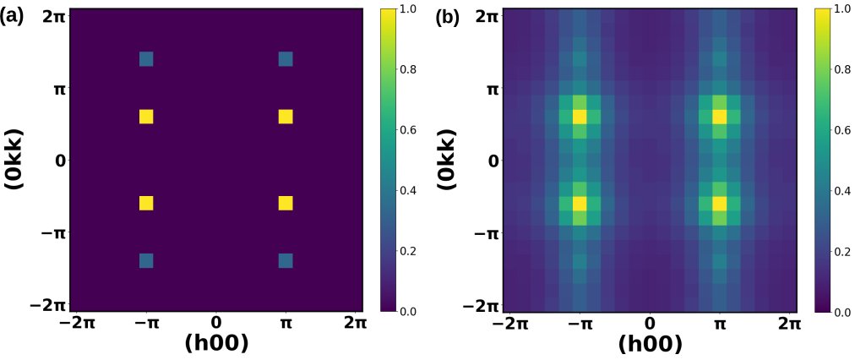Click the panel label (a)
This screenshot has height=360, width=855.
(x=14, y=16)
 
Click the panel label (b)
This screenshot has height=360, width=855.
(x=447, y=17)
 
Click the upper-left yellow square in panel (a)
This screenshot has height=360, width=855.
(x=146, y=117)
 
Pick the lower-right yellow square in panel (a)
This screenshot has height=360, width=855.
(x=286, y=203)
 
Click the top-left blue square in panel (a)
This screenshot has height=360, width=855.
(x=146, y=59)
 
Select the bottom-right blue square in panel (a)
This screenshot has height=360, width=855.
(x=286, y=260)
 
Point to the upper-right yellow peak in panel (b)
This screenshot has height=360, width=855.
(x=720, y=117)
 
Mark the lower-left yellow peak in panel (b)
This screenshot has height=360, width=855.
(x=580, y=203)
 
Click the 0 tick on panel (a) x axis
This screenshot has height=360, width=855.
(x=216, y=322)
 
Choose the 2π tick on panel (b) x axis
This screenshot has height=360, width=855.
(x=789, y=322)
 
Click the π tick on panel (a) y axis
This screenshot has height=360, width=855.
(x=59, y=88)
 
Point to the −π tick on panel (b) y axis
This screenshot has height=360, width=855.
(x=487, y=232)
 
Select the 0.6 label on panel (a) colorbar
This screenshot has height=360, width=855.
(x=405, y=130)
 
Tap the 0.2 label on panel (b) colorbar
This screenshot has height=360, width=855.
(x=839, y=251)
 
